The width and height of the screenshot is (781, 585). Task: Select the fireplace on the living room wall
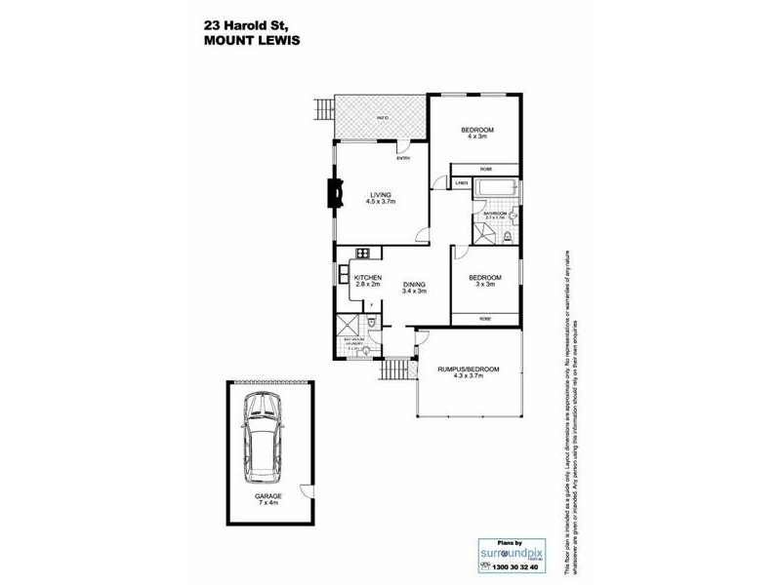(337, 193)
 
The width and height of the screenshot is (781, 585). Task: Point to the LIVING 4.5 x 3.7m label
(380, 198)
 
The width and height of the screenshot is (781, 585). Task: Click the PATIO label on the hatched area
(384, 118)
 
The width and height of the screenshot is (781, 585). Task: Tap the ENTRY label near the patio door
(403, 159)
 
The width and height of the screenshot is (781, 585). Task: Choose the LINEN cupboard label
(461, 183)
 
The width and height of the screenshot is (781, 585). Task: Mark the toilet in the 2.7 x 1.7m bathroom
(510, 235)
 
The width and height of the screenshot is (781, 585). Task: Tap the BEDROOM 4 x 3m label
(477, 134)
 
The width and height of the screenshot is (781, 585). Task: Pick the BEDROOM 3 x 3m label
(485, 280)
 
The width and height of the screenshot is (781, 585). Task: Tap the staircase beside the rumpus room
(394, 371)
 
